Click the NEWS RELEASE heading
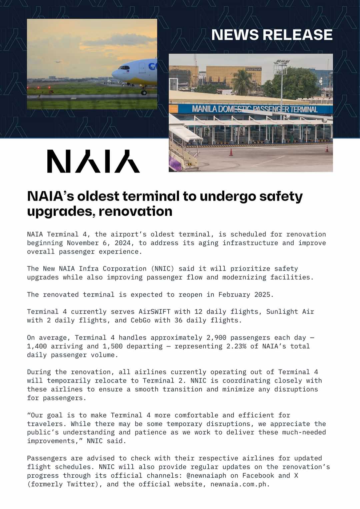point(272,35)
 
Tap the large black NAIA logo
point(93,161)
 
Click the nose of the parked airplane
point(114,73)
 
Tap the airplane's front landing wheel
point(144,93)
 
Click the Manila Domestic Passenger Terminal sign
point(255,109)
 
